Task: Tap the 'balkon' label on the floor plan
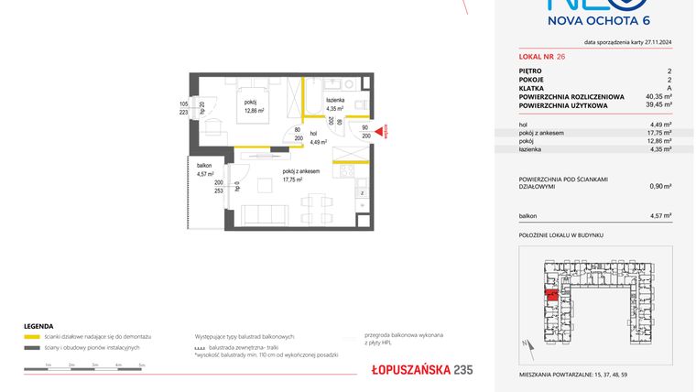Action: [x=204, y=166]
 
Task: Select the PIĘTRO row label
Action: [x=529, y=71]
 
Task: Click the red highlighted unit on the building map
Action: [x=552, y=295]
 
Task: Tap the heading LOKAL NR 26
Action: [x=538, y=57]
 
